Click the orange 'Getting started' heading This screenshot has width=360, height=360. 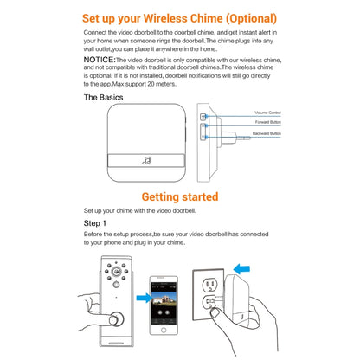(x=179, y=197)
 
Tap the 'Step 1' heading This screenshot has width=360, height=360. (x=95, y=223)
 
